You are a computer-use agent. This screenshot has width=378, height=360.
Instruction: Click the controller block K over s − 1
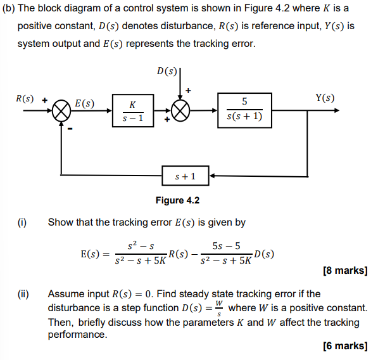pyautogui.click(x=132, y=111)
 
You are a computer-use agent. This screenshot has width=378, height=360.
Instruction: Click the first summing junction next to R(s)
pyautogui.click(x=62, y=112)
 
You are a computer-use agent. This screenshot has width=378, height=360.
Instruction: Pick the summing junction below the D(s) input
pyautogui.click(x=180, y=112)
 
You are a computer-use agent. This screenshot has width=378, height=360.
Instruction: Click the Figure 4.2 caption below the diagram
pyautogui.click(x=177, y=200)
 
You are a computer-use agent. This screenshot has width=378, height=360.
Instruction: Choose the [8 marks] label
pyautogui.click(x=344, y=271)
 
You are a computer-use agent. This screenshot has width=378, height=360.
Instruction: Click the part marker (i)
pyautogui.click(x=23, y=222)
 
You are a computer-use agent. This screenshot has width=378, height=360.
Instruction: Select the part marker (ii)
pyautogui.click(x=23, y=294)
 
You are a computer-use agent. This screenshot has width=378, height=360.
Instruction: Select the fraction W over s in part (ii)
pyautogui.click(x=219, y=308)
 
